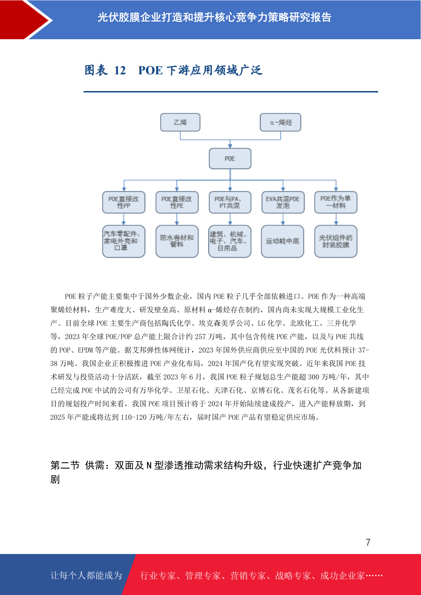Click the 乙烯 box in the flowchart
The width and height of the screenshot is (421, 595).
click(x=180, y=122)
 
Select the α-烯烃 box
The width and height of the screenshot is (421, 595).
click(x=280, y=122)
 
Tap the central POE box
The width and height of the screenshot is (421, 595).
click(x=230, y=159)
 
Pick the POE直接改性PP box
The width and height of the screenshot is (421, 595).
click(x=124, y=202)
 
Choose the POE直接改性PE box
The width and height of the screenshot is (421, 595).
click(x=177, y=202)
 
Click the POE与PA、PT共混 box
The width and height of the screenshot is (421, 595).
click(x=230, y=202)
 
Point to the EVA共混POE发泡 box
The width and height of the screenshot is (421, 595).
click(x=283, y=202)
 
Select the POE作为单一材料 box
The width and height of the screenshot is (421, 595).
click(x=336, y=202)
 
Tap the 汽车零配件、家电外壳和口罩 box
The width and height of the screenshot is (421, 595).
click(x=124, y=241)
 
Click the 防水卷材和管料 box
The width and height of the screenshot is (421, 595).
click(x=177, y=241)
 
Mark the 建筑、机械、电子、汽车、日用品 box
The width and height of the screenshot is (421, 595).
click(x=230, y=241)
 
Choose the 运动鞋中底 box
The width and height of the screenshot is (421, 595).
click(x=282, y=241)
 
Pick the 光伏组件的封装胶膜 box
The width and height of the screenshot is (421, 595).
click(x=336, y=241)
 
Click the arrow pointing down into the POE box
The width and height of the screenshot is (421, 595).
click(x=230, y=144)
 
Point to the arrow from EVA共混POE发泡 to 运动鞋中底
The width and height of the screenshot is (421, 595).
click(x=283, y=219)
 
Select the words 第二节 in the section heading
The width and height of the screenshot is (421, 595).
click(x=65, y=465)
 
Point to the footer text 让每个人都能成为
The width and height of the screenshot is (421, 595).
click(x=86, y=575)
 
